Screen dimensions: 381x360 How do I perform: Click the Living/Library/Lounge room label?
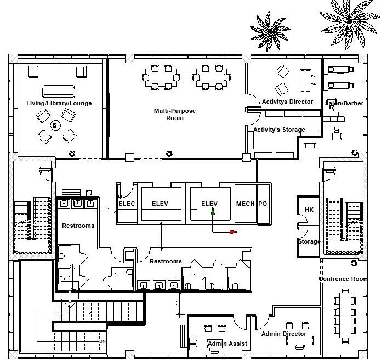click(x=59, y=103)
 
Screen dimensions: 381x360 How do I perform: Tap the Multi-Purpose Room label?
click(x=174, y=114)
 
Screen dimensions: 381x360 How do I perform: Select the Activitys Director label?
click(x=287, y=102)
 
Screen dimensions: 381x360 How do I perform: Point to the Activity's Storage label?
click(x=279, y=130)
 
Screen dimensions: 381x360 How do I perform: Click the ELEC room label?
click(x=127, y=204)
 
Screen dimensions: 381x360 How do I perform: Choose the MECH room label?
click(x=245, y=204)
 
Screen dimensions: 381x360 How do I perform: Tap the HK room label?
click(x=309, y=210)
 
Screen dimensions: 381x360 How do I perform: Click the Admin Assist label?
click(x=228, y=344)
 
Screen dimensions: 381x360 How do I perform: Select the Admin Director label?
click(x=283, y=334)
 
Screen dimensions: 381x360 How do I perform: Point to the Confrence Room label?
click(x=344, y=279)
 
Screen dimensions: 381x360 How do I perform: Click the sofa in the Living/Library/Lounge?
click(x=59, y=91)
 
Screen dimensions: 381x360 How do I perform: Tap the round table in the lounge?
click(x=55, y=125)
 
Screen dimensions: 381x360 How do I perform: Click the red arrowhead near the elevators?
click(x=234, y=232)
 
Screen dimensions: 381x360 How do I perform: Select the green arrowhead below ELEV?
click(x=213, y=211)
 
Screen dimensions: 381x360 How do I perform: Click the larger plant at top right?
click(x=345, y=16)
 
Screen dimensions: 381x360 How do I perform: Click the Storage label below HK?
click(x=309, y=241)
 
